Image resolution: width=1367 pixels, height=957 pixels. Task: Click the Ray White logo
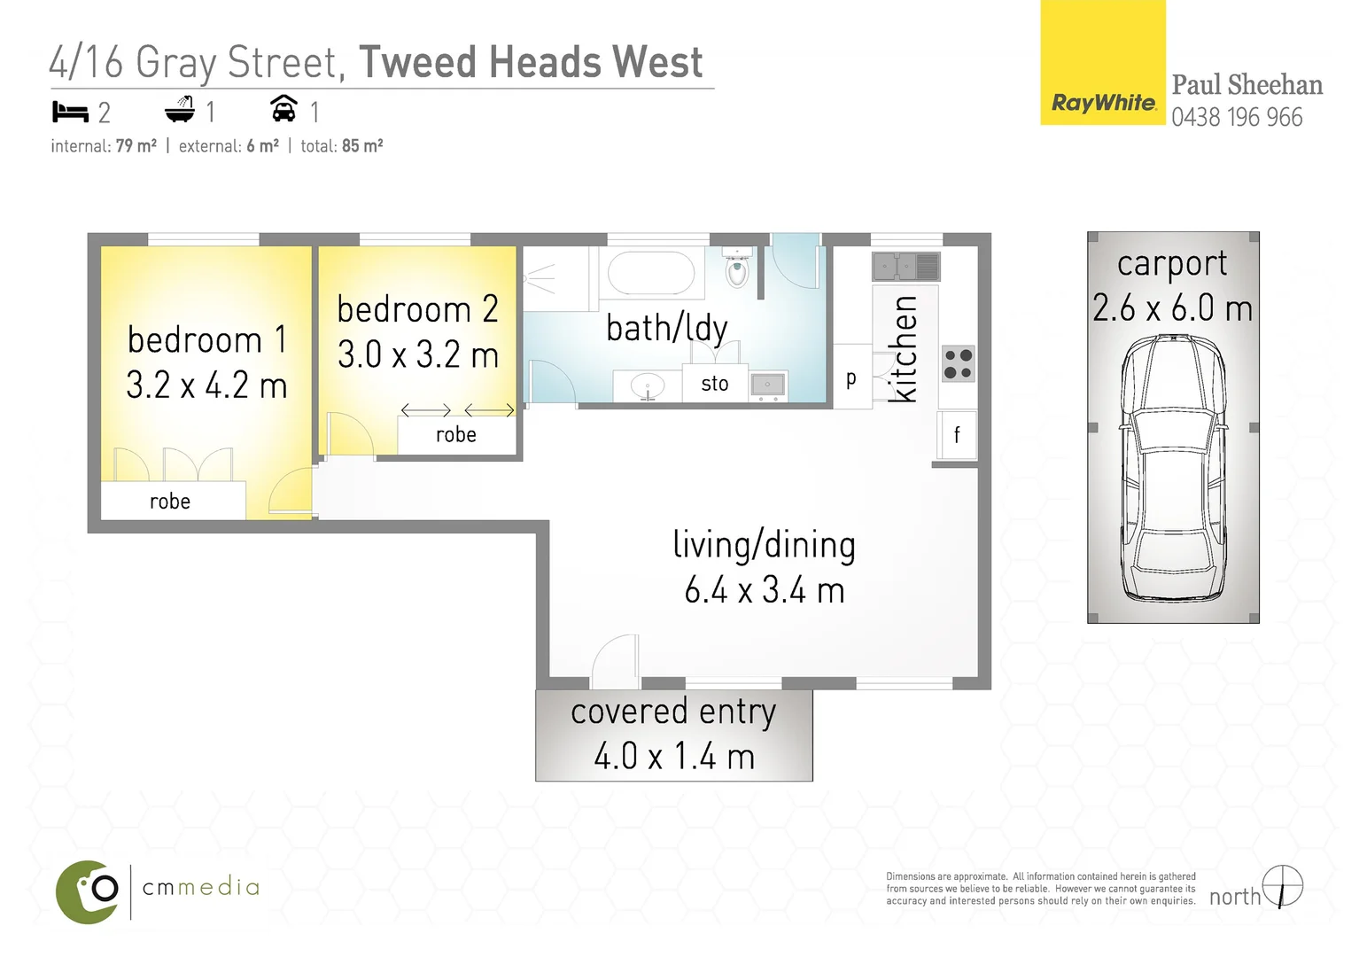pyautogui.click(x=1103, y=103)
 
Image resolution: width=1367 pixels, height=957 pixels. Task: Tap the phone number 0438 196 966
pyautogui.click(x=1237, y=117)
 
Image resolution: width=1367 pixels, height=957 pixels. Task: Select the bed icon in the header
pyautogui.click(x=70, y=112)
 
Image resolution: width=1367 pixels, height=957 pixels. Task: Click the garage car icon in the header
pyautogui.click(x=283, y=108)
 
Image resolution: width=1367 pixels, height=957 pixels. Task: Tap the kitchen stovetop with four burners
pyautogui.click(x=958, y=363)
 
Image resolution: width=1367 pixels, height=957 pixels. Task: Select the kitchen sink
pyautogui.click(x=905, y=266)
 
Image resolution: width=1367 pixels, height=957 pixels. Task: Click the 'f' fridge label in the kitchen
pyautogui.click(x=957, y=434)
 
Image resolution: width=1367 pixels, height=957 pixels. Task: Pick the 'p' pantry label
pyautogui.click(x=851, y=378)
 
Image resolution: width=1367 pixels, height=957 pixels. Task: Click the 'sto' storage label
pyautogui.click(x=715, y=384)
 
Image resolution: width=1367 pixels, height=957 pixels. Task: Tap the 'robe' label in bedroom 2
pyautogui.click(x=456, y=434)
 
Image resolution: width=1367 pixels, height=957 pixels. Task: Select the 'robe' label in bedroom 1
pyautogui.click(x=170, y=502)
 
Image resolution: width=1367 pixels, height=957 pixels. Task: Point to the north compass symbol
pyautogui.click(x=1283, y=886)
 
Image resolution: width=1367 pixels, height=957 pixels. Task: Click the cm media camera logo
pyautogui.click(x=88, y=891)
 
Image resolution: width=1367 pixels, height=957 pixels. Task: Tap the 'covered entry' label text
pyautogui.click(x=673, y=712)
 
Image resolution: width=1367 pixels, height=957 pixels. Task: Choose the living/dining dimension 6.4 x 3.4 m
pyautogui.click(x=765, y=590)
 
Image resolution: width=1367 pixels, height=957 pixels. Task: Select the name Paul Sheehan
pyautogui.click(x=1247, y=85)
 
